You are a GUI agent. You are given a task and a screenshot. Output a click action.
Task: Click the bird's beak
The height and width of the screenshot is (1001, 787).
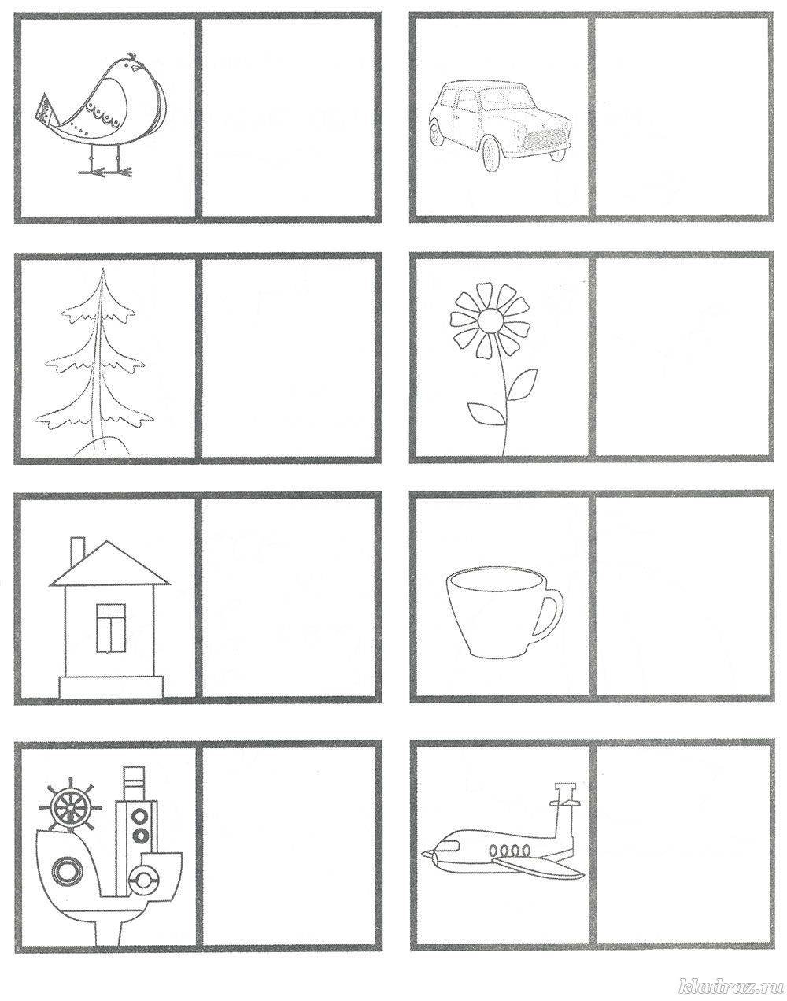click(136, 67)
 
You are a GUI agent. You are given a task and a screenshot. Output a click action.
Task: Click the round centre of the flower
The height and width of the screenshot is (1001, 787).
click(490, 321)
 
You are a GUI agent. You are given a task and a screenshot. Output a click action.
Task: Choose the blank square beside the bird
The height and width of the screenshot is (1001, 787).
click(288, 117)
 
